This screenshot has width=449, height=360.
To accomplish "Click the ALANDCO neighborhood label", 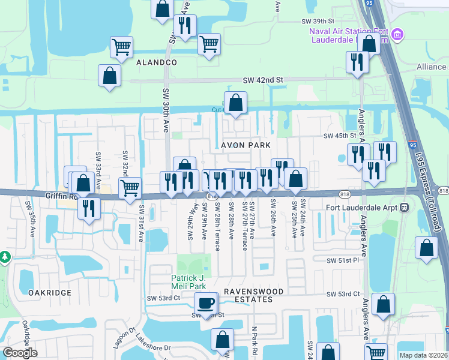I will point(156,62).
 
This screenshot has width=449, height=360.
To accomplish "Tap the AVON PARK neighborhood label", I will point(246,145).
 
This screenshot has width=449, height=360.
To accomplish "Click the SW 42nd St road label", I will point(262,80).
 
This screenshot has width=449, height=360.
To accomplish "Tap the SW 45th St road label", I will point(336,136).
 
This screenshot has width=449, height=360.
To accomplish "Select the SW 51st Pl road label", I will point(343,260).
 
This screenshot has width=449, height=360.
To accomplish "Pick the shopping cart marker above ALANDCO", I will point(122,47).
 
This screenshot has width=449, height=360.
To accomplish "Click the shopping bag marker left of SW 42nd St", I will point(109,76).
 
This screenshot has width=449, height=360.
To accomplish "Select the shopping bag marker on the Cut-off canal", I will point(236,103).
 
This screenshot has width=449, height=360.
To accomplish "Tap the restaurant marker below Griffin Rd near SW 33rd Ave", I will point(89,209).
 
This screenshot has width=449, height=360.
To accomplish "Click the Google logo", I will point(20,352).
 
